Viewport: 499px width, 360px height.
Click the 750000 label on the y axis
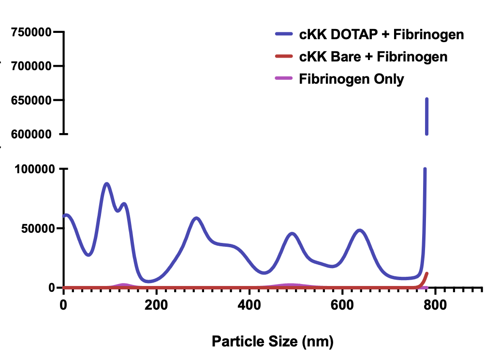coord(31,32)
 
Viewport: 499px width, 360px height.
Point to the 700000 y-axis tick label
coord(31,66)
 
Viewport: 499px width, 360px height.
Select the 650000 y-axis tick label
coord(31,101)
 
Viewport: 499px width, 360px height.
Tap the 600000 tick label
coord(31,134)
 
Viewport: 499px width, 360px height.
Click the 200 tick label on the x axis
coord(156,306)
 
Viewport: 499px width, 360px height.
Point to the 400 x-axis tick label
coord(249,306)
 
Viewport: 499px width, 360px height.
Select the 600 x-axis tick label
coord(342,306)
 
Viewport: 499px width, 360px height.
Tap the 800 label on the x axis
coord(435,306)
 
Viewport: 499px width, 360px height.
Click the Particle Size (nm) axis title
coord(273,342)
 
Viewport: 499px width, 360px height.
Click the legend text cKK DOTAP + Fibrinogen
coord(382,35)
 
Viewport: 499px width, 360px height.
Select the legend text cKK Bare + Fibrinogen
coord(373,57)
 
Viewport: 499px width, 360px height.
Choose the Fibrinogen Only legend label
coord(352,78)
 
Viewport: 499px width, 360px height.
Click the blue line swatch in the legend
coord(284,34)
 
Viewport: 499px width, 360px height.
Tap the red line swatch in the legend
coord(284,57)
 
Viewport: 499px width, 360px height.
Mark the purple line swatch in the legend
coord(284,78)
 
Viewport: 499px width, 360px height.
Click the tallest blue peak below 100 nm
coord(107,184)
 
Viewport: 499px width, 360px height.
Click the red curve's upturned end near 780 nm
coord(426,274)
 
